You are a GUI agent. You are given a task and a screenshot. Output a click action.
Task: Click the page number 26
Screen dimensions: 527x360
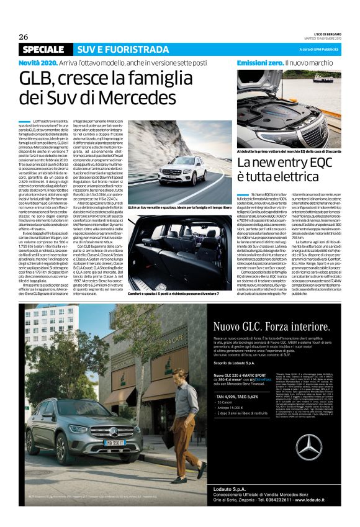click(24, 36)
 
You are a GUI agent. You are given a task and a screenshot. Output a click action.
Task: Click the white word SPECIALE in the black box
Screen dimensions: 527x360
click(43, 49)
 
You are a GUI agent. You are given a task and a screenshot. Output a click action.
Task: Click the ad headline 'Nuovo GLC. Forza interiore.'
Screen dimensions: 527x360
click(271, 326)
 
